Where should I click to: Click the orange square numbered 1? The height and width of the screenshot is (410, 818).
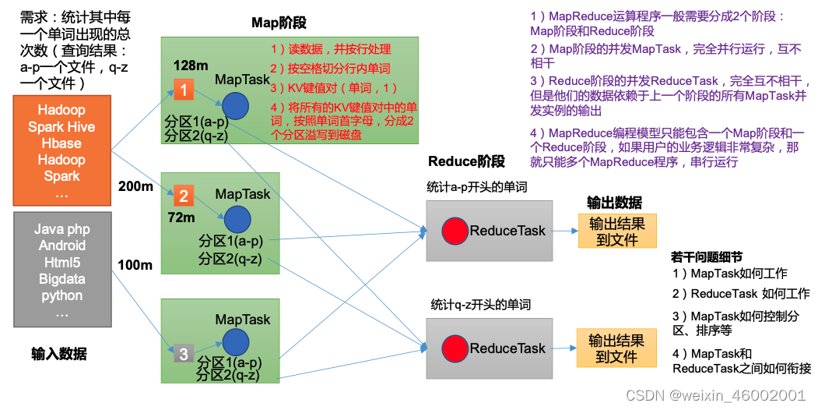click(183, 90)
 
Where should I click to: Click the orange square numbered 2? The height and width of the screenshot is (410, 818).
click(183, 196)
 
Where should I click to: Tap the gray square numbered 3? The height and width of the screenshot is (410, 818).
click(183, 354)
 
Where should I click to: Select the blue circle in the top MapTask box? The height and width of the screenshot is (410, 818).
click(235, 107)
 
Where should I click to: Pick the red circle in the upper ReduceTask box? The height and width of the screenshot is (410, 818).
click(455, 231)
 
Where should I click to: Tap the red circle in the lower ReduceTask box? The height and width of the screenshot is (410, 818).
click(455, 348)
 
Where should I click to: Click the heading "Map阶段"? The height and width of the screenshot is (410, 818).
click(279, 23)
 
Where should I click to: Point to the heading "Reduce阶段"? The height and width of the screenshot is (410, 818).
click(466, 161)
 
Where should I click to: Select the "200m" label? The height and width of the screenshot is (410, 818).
click(135, 186)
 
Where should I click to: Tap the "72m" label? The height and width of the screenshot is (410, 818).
click(181, 217)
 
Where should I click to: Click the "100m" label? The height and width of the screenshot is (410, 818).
click(135, 265)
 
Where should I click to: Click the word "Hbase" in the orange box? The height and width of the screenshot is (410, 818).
click(61, 143)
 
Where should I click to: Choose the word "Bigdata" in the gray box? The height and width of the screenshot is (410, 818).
click(61, 279)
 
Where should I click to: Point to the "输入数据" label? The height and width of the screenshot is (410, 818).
click(59, 354)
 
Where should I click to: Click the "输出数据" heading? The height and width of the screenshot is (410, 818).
click(614, 203)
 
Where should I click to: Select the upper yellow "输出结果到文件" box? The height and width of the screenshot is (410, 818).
click(617, 231)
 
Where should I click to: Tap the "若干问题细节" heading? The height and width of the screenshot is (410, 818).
click(706, 257)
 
